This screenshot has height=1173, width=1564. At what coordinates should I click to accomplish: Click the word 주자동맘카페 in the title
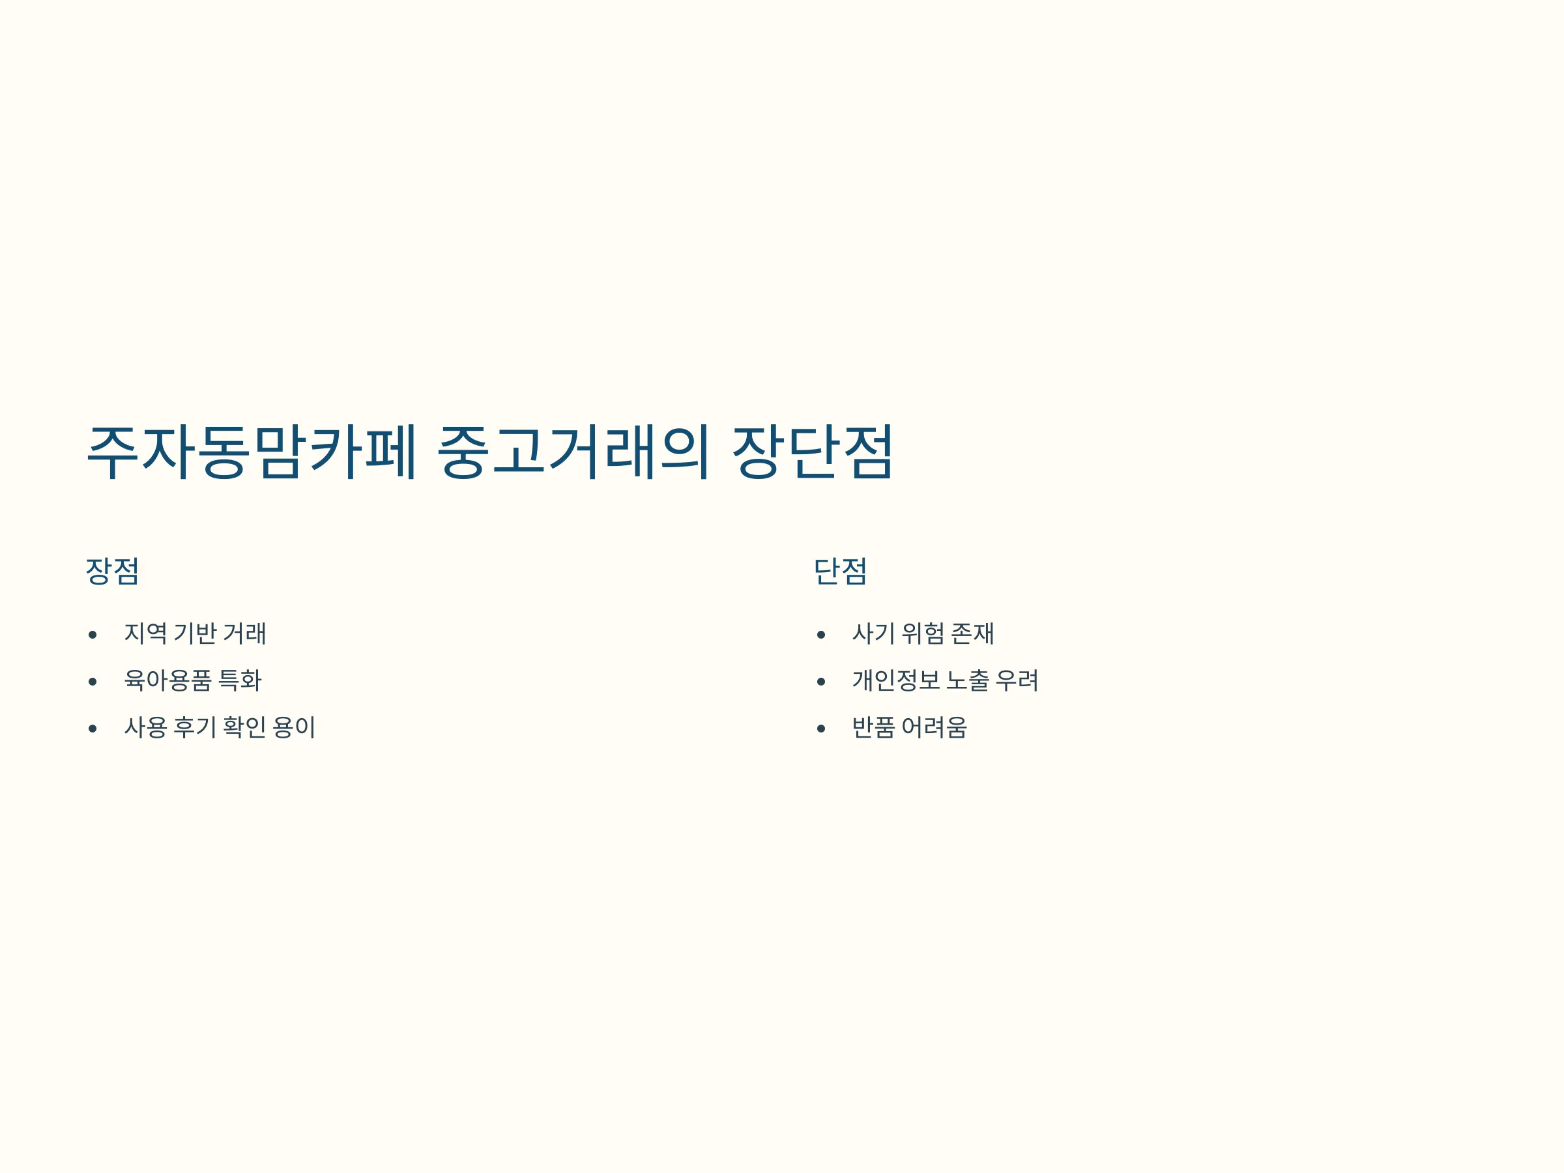pos(252,452)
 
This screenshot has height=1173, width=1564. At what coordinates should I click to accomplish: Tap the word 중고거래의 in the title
pos(573,452)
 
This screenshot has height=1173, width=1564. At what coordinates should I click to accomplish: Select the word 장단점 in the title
pos(813,452)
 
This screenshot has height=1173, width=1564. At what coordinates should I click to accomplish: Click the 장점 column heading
pos(113,572)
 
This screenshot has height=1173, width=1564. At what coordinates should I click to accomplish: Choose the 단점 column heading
pos(840,572)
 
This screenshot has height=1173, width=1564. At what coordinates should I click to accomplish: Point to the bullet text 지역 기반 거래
pos(195,633)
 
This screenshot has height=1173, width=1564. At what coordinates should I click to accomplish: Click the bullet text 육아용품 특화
pos(193,680)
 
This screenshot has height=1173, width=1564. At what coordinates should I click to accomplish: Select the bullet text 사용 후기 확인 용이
pos(220,727)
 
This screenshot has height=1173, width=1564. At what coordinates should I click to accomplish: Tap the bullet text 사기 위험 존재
pos(923,633)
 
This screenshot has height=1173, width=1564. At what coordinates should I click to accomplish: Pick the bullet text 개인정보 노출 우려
pos(946,680)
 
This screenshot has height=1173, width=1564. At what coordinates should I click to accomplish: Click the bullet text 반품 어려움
pos(909,727)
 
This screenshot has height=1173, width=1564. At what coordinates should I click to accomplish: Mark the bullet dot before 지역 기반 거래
pos(93,635)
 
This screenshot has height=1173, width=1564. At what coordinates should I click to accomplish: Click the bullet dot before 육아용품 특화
pos(93,682)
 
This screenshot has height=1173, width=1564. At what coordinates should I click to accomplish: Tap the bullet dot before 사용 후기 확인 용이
pos(93,729)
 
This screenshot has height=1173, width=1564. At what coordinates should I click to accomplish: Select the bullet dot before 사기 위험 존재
pos(821,635)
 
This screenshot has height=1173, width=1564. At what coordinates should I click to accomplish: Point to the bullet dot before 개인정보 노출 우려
pos(821,682)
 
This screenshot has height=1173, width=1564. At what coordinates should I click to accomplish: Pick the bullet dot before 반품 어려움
pos(821,729)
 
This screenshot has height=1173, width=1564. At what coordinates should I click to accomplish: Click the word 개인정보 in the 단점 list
pos(896,680)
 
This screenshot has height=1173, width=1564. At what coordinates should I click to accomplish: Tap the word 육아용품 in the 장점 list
pos(167,680)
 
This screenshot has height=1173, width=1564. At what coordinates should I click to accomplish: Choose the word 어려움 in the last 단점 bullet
pos(934,727)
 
